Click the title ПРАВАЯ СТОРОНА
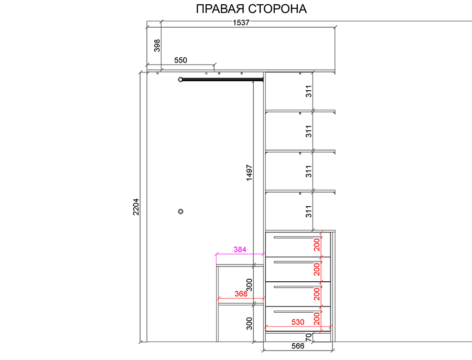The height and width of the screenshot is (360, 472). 251,9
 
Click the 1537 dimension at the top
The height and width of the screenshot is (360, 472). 241,23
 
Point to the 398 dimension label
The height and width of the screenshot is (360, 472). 157,46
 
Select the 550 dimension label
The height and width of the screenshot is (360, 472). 180,60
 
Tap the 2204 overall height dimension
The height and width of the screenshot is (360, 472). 136,207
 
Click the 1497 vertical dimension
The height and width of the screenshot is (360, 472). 249,173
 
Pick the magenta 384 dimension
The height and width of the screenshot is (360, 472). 240,249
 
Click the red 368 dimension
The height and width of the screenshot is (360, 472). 241,294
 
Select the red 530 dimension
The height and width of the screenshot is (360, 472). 298,322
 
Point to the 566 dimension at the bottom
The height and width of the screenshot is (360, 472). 298,346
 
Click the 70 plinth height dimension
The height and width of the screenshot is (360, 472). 308,337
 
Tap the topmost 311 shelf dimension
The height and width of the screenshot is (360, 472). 308,91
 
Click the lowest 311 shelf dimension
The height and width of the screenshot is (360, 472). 308,211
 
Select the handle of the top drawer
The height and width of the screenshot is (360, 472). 298,237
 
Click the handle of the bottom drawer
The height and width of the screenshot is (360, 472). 298,312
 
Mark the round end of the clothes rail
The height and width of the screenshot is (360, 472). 180,80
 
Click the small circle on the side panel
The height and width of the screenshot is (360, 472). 180,211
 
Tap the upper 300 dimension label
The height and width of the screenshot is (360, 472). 249,285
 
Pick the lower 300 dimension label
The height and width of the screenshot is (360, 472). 249,324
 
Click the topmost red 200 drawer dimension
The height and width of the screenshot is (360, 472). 317,245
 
